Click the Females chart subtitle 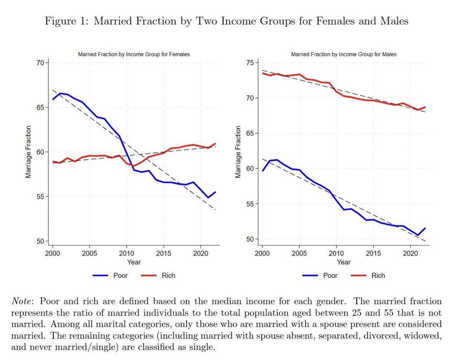coord(134,54)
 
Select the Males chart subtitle coord(343,54)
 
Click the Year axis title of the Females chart coord(134,262)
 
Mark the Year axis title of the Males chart coord(343,262)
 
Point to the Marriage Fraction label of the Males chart coord(238,152)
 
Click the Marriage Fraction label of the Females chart coord(28,152)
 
